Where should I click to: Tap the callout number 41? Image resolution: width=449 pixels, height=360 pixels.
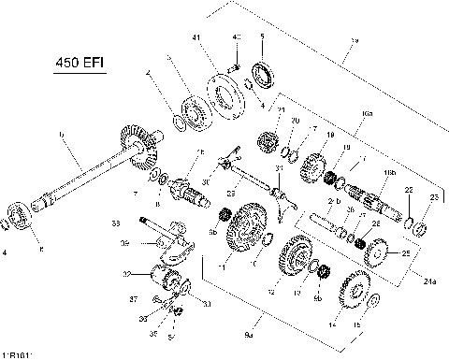point(196,37)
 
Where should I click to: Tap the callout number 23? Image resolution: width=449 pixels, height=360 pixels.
point(432,197)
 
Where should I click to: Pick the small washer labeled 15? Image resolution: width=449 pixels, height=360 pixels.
point(373,299)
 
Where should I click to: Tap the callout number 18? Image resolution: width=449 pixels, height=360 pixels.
point(329,137)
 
